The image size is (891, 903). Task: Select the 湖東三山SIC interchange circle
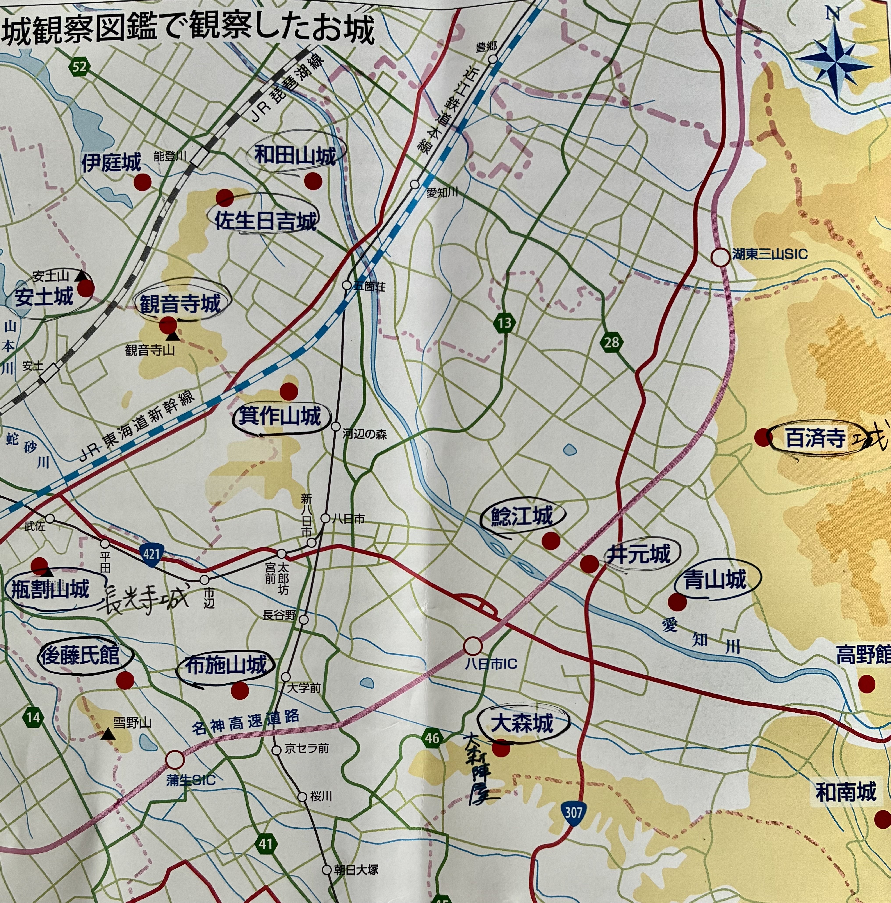[x=721, y=257]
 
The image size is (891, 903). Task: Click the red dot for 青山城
[x=677, y=602]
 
